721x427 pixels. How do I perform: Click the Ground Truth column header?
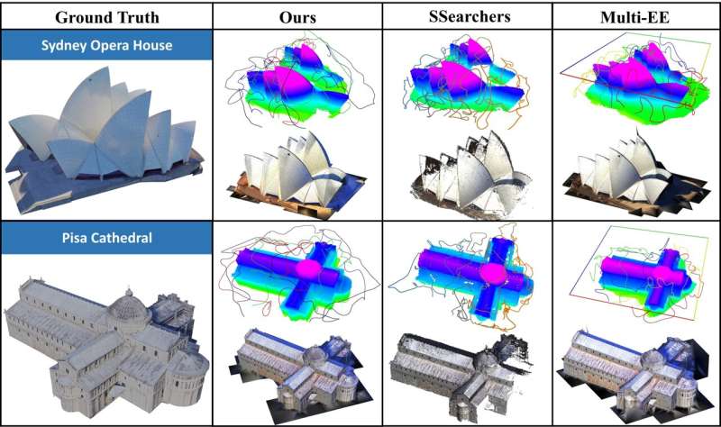coord(107,17)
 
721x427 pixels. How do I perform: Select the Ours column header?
coord(297,17)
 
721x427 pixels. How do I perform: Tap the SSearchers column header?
coord(470,16)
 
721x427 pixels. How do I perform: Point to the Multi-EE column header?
coord(635,17)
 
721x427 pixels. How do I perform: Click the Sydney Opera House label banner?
coord(106,45)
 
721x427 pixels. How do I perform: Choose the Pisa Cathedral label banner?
coord(106,238)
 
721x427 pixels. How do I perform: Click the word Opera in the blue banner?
coord(110,46)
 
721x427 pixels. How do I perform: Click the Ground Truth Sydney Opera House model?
coord(105,138)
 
